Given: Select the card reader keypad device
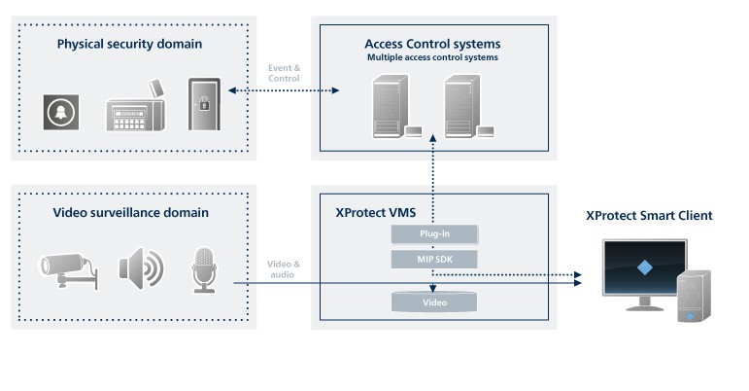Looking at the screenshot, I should (135, 108).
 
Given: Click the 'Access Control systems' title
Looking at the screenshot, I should (432, 44).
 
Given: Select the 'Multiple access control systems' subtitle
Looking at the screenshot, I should (432, 58).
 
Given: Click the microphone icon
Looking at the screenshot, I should (204, 267).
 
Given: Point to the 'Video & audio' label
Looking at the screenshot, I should (283, 269).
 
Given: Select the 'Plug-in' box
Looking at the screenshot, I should (434, 234).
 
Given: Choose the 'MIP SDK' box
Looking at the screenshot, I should (434, 258).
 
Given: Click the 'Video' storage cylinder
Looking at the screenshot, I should (434, 302).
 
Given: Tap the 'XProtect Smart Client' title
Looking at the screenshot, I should (648, 215).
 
